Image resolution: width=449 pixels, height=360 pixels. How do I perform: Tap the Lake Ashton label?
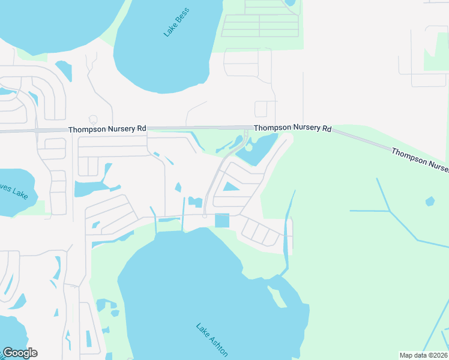pyautogui.click(x=212, y=340)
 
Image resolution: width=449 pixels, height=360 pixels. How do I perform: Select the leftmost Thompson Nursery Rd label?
pyautogui.click(x=107, y=129)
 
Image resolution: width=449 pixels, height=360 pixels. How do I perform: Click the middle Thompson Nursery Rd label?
pyautogui.click(x=292, y=128)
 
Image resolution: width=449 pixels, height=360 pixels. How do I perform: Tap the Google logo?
pyautogui.click(x=20, y=352)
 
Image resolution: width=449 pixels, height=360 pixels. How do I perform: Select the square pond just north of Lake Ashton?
pyautogui.click(x=222, y=221)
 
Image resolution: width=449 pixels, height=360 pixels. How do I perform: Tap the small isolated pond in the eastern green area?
pyautogui.click(x=430, y=202)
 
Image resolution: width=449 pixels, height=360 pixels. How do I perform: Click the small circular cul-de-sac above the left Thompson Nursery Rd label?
pyautogui.click(x=92, y=119)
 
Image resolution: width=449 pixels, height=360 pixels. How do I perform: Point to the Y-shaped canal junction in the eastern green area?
pyautogui.click(x=390, y=211)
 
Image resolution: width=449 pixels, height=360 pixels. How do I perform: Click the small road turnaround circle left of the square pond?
pyautogui.click(x=205, y=216)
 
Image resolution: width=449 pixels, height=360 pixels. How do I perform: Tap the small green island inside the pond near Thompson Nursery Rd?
pyautogui.click(x=249, y=148)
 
